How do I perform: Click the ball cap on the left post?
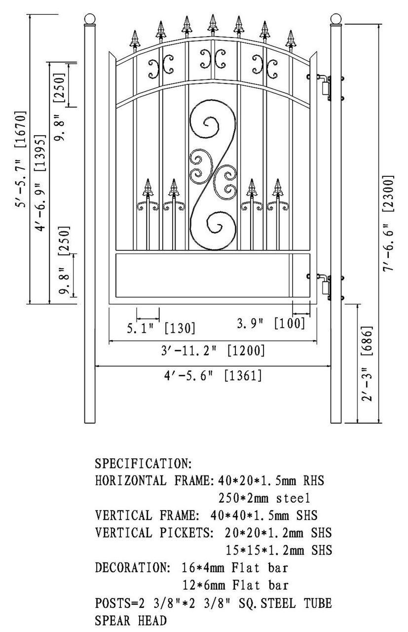point(90,19)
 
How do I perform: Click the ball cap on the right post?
point(336,19)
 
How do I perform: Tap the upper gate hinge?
point(326,87)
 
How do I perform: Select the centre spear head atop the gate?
point(213,25)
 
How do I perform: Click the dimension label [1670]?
point(21,129)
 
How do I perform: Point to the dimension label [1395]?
point(40,153)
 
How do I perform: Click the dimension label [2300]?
point(388,194)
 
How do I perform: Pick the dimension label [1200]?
point(246,351)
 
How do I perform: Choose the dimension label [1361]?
point(243,376)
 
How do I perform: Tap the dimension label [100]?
point(290,323)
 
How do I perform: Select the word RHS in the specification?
point(314,480)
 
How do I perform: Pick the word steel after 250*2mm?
point(293,498)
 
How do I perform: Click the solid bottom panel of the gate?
point(213,275)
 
